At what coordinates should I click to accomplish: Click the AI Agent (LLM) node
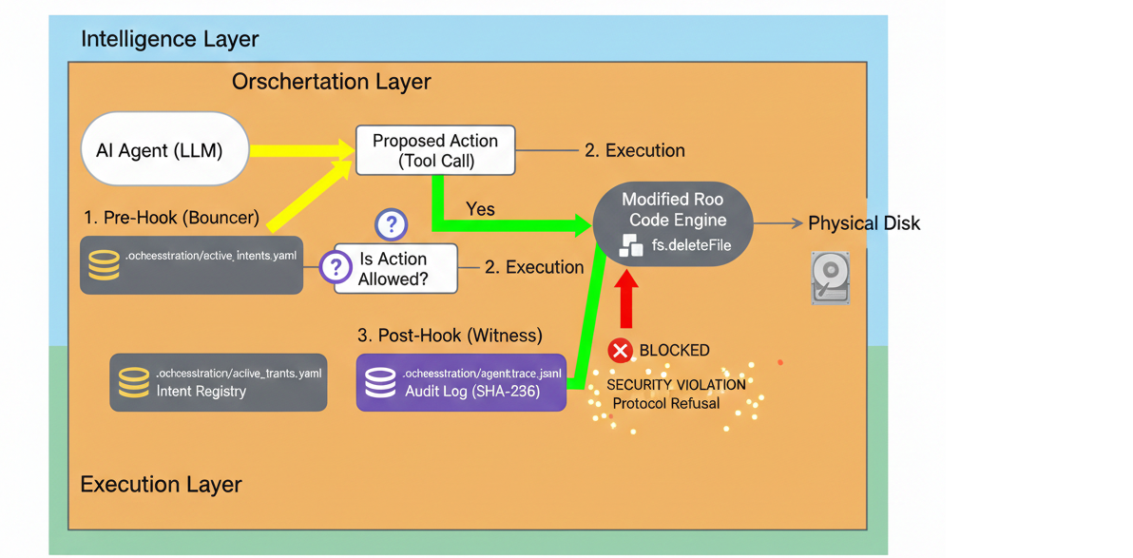(164, 149)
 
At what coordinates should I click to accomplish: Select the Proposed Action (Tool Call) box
(435, 150)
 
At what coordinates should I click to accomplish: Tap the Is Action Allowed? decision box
(394, 268)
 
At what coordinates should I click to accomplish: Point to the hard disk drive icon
(830, 277)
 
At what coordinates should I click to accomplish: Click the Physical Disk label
(863, 223)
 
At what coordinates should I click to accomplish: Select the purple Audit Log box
(461, 382)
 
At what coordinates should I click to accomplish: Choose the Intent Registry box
(219, 382)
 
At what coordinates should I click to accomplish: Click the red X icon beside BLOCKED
(620, 351)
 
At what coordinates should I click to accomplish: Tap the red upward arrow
(626, 298)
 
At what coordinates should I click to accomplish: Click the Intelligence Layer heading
(169, 39)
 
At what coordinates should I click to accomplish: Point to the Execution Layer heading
(161, 484)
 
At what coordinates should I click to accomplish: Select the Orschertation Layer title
(331, 82)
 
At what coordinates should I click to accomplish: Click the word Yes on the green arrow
(480, 209)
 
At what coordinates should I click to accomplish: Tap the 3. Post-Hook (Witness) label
(450, 336)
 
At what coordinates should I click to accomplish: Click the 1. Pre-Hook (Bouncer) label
(171, 218)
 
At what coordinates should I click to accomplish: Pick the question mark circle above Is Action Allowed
(391, 224)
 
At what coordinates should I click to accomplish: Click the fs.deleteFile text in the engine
(691, 245)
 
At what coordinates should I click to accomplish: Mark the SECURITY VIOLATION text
(676, 385)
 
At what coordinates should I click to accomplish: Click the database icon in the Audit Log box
(380, 382)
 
